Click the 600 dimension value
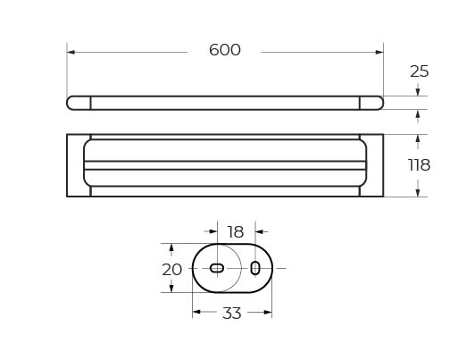point(225,50)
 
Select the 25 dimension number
point(420,71)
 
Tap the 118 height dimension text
point(419,165)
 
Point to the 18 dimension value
point(236,232)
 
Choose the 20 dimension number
point(171,270)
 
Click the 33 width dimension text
point(232,313)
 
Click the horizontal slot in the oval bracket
point(217,268)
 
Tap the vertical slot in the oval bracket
point(255,268)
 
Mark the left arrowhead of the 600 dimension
point(71,52)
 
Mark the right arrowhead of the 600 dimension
point(379,52)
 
